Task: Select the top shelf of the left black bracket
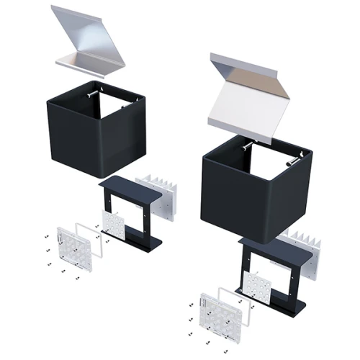(x=122, y=183)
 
